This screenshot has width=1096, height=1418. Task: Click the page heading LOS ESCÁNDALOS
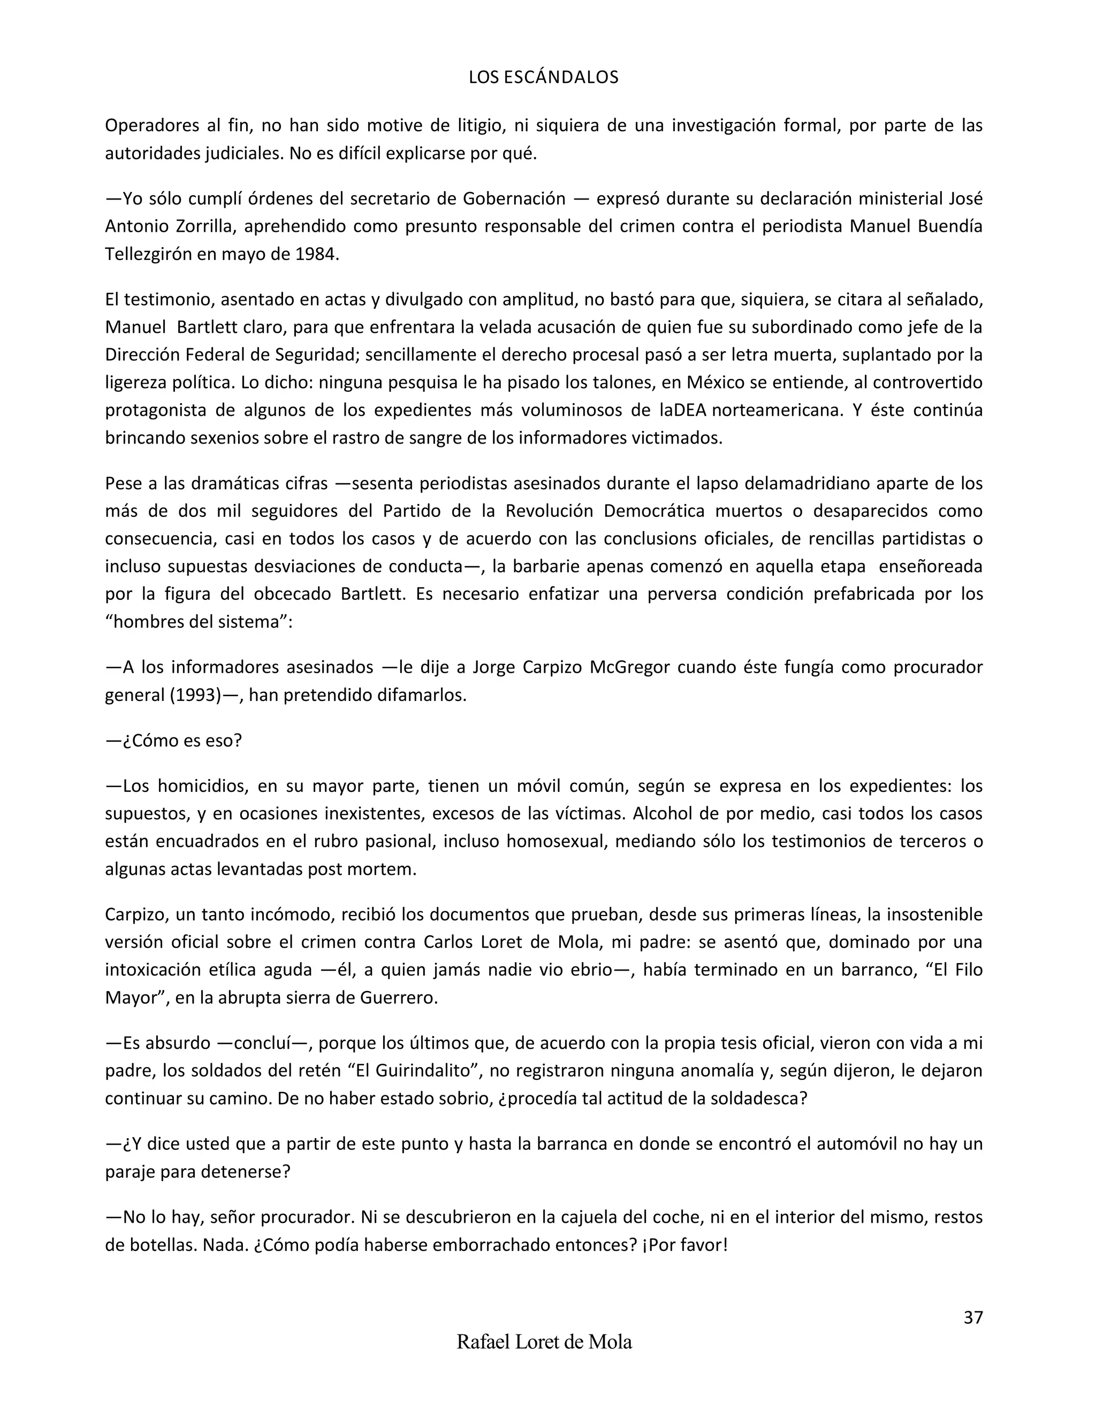click(544, 77)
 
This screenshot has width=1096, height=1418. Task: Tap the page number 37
click(972, 1317)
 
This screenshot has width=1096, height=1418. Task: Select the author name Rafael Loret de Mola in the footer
click(544, 1342)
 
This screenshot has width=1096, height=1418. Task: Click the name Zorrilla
click(206, 226)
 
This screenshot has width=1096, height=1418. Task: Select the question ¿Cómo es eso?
click(173, 740)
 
